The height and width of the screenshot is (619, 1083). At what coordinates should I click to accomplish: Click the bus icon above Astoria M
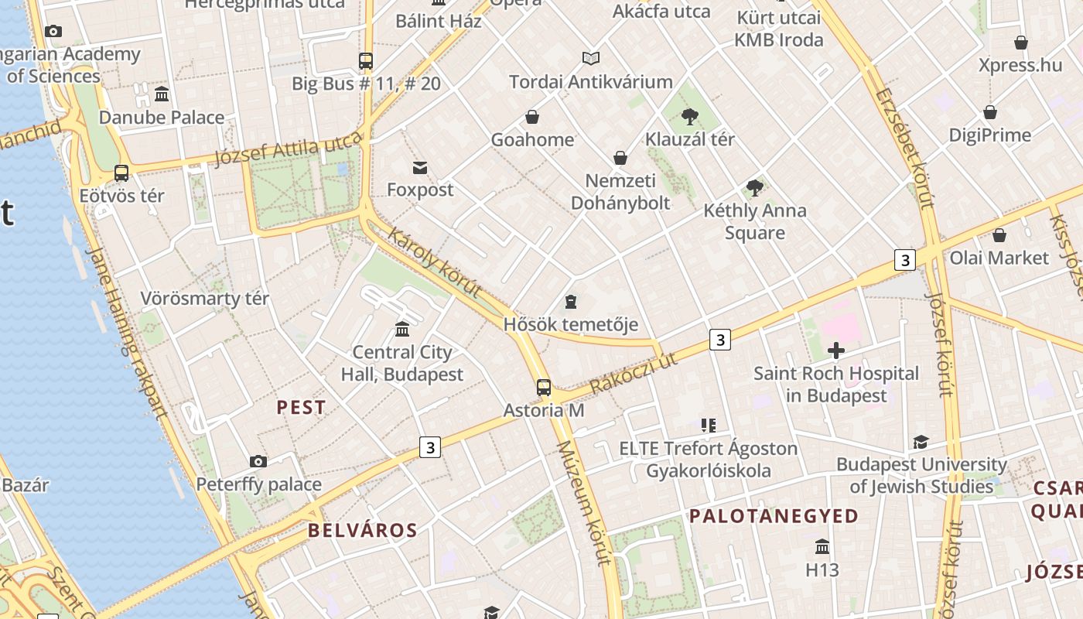(544, 387)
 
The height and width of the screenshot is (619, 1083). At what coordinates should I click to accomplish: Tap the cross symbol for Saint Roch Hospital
(835, 351)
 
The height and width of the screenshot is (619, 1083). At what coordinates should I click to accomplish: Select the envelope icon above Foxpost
(420, 167)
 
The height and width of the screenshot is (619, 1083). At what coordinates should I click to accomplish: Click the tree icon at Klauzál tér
(690, 117)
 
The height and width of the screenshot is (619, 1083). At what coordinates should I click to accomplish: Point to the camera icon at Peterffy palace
(258, 461)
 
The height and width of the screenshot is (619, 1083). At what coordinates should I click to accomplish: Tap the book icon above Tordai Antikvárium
(591, 58)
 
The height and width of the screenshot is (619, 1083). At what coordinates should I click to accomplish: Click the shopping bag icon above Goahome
(532, 117)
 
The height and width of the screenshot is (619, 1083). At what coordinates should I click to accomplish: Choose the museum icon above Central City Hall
(402, 330)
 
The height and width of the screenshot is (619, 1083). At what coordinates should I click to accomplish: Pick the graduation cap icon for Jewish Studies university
(921, 442)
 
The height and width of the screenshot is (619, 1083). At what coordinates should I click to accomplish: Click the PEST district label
(302, 407)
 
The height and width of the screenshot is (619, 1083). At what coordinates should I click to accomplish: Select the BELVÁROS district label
(363, 530)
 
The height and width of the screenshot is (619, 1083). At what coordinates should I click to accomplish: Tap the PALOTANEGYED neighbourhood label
(774, 516)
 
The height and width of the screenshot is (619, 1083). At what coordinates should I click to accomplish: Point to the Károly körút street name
(435, 262)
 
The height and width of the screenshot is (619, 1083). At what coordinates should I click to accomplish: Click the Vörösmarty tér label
(205, 299)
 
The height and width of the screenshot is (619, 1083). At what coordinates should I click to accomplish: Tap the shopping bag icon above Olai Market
(999, 235)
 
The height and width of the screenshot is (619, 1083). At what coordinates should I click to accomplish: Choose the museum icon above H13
(822, 547)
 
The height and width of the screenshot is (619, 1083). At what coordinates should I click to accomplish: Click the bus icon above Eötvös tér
(121, 173)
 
